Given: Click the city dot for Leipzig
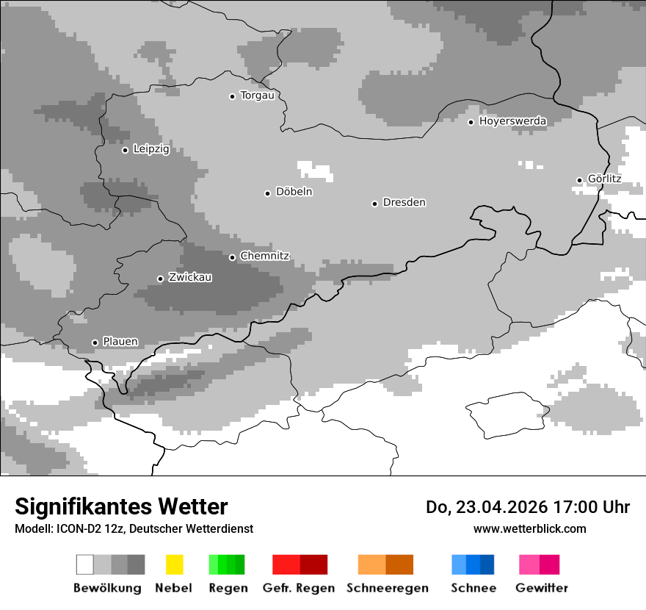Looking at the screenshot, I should tap(125, 150).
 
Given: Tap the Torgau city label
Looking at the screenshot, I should tap(257, 95).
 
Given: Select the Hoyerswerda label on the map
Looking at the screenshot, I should tap(512, 121).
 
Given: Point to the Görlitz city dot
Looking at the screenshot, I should tap(579, 180).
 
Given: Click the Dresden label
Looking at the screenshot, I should tap(404, 202).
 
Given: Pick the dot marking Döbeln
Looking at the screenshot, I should tap(267, 193).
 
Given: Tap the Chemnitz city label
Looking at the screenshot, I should tap(264, 256).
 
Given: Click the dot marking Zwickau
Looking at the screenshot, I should tap(160, 279).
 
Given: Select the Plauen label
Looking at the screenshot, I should tap(120, 341).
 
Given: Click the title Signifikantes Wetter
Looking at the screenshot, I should tap(121, 506).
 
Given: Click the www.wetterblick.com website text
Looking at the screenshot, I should tap(529, 528).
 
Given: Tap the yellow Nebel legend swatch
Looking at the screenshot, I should tap(174, 564).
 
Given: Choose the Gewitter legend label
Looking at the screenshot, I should tap(541, 588).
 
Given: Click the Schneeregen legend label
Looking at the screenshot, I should tap(387, 588).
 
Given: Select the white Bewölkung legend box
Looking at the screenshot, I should tap(85, 564).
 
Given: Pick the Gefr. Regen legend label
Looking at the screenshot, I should tap(298, 588).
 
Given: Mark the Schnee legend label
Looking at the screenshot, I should tap(473, 588).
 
